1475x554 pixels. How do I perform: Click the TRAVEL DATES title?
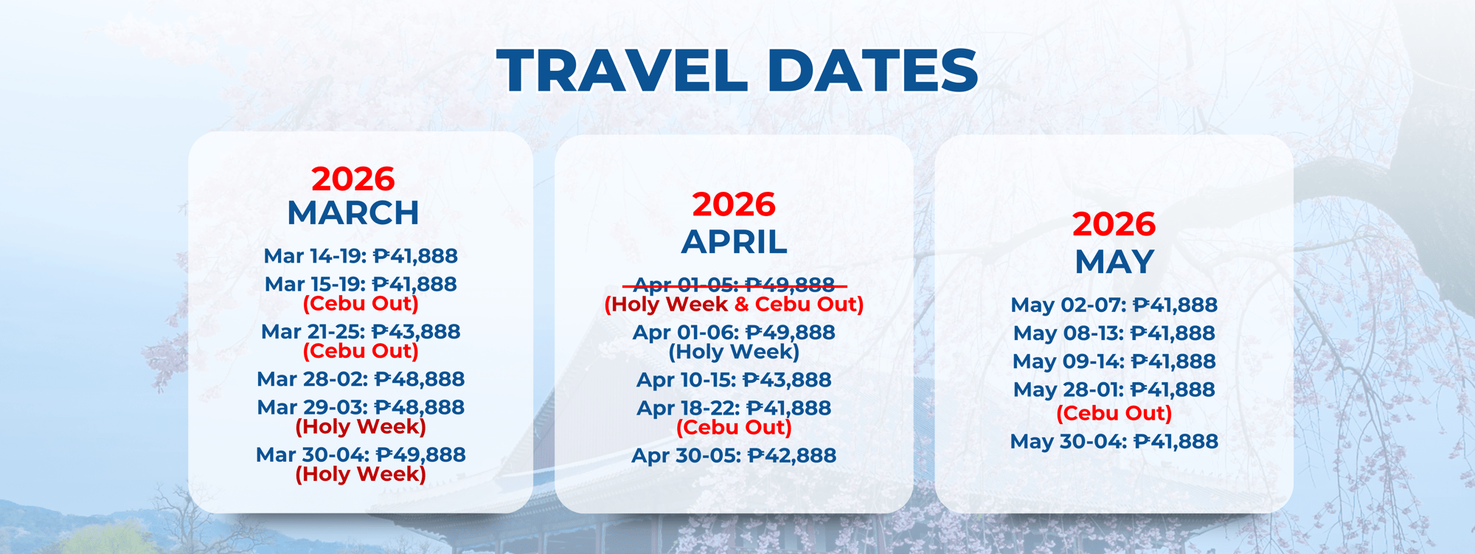pyautogui.click(x=737, y=71)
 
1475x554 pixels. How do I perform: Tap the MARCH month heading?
pyautogui.click(x=353, y=213)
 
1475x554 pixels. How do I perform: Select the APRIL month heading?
pyautogui.click(x=734, y=242)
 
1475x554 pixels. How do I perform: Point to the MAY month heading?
pyautogui.click(x=1114, y=262)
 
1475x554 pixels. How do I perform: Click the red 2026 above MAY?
pyautogui.click(x=1114, y=224)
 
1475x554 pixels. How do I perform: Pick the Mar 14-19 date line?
pyautogui.click(x=361, y=256)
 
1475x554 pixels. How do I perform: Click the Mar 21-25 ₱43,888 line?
pyautogui.click(x=361, y=332)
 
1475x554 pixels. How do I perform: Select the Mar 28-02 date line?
pyautogui.click(x=361, y=379)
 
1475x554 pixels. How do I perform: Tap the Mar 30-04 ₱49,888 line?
pyautogui.click(x=361, y=454)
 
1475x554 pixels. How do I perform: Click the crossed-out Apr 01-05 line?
pyautogui.click(x=734, y=285)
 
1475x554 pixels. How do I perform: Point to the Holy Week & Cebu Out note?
pyautogui.click(x=734, y=305)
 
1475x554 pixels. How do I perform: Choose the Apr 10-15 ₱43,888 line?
pyautogui.click(x=734, y=380)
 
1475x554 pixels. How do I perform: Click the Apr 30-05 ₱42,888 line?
pyautogui.click(x=734, y=455)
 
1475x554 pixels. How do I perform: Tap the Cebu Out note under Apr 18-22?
pyautogui.click(x=734, y=428)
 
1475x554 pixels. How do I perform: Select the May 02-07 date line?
pyautogui.click(x=1114, y=305)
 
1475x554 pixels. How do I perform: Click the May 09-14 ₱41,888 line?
pyautogui.click(x=1114, y=361)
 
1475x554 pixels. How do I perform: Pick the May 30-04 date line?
pyautogui.click(x=1114, y=441)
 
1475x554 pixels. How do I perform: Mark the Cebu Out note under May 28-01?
pyautogui.click(x=1114, y=413)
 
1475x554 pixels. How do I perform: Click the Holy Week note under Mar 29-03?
pyautogui.click(x=361, y=427)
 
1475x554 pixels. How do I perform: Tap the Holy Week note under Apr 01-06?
pyautogui.click(x=734, y=352)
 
